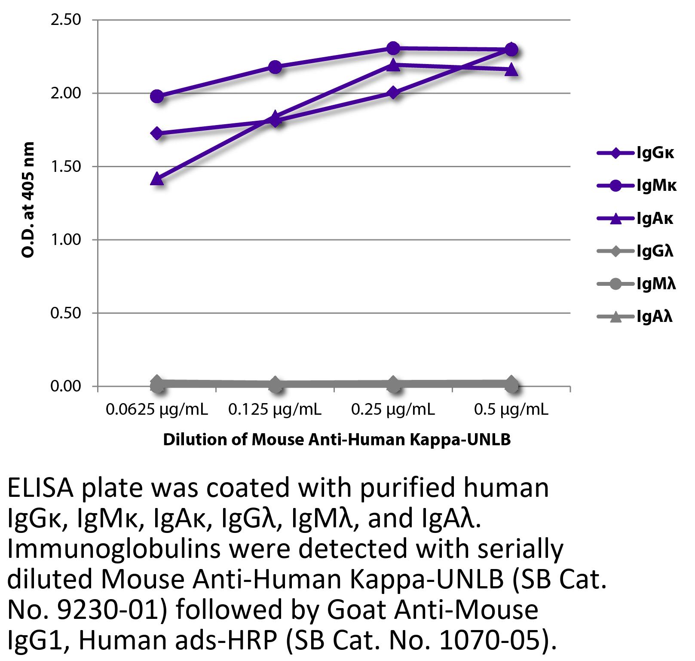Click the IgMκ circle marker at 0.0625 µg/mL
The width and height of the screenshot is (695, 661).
(x=157, y=96)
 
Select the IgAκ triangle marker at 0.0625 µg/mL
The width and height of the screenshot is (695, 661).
(x=157, y=178)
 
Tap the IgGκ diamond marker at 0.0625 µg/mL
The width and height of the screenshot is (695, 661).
(x=157, y=133)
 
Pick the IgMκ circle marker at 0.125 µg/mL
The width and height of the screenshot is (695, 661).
(x=275, y=67)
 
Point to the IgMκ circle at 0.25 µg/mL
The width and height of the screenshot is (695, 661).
(x=393, y=48)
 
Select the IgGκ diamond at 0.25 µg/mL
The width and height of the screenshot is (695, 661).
(x=393, y=93)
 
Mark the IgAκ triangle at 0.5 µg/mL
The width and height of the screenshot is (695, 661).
(x=511, y=70)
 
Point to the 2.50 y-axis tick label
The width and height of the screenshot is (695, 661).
(x=66, y=20)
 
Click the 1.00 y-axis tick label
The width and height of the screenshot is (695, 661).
(x=66, y=240)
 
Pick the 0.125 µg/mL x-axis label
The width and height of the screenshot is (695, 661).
(x=275, y=410)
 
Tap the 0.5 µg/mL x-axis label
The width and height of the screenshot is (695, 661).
(x=511, y=410)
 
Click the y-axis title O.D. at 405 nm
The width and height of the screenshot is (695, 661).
(x=28, y=200)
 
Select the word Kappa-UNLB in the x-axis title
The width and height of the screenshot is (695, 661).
(x=460, y=440)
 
